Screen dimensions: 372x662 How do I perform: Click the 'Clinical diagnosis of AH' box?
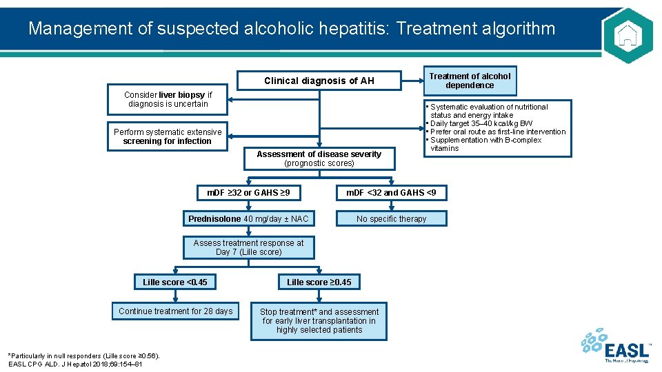(319, 81)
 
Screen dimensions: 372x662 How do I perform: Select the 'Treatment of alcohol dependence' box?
(470, 81)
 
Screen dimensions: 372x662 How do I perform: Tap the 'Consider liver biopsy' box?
(168, 99)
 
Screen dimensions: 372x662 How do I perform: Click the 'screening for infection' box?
(168, 136)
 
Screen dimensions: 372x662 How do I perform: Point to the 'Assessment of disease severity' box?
(319, 158)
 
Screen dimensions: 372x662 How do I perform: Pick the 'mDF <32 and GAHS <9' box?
(391, 192)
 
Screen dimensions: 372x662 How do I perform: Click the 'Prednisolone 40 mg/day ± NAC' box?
(248, 219)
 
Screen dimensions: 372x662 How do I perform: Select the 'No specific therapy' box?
(391, 219)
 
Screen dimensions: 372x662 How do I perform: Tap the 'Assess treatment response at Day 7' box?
(248, 247)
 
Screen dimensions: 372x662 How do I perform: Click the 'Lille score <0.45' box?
(175, 282)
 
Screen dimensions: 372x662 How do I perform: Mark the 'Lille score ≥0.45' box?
(319, 282)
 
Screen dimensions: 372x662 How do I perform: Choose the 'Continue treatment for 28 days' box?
(175, 311)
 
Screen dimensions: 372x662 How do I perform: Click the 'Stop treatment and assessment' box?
(319, 321)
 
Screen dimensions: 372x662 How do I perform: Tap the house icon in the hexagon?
(627, 35)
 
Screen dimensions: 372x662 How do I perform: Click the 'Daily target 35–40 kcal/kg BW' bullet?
(481, 123)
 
